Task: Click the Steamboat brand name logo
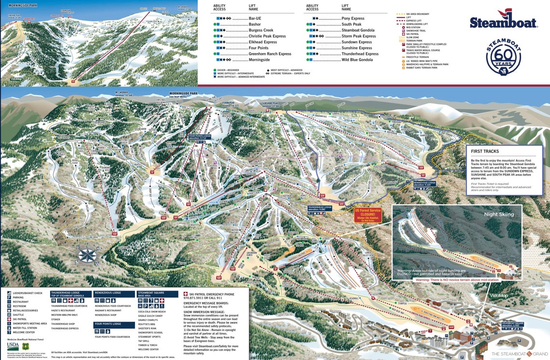pos(503,22)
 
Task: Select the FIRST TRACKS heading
pos(485,151)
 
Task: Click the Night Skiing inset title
pos(499,214)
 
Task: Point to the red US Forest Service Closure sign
pos(368,215)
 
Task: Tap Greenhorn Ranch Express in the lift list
pos(270,54)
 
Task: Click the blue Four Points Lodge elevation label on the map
pos(200,138)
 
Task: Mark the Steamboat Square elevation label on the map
pos(513,324)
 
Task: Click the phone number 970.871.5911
pos(198,298)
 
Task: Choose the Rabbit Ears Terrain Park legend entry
pos(422,68)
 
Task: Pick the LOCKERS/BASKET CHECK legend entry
pos(28,293)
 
